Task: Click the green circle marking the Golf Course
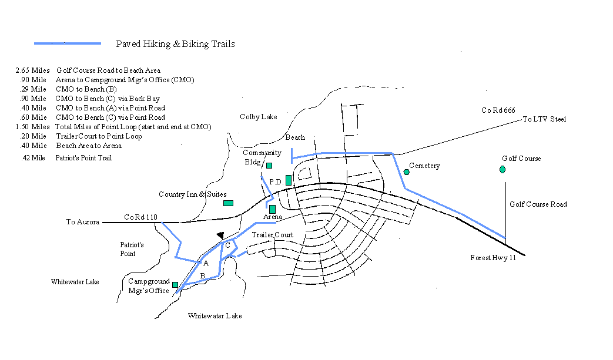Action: (503, 170)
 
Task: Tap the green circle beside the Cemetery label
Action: (407, 172)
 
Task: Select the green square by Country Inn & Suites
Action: (228, 203)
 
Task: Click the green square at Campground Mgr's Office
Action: (175, 285)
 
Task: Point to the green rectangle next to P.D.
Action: (289, 180)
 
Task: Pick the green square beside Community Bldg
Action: (269, 166)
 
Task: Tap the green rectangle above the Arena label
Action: (273, 209)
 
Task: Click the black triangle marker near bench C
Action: (220, 235)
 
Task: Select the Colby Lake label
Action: (259, 117)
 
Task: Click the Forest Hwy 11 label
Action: (493, 258)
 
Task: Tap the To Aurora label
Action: (82, 222)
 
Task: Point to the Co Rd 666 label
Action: (498, 110)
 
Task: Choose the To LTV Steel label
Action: (545, 119)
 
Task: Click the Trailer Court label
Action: (273, 235)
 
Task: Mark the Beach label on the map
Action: (295, 137)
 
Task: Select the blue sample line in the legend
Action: (68, 43)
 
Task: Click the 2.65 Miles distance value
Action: (32, 70)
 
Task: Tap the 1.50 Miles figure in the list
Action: (32, 126)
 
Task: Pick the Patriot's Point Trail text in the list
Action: (83, 158)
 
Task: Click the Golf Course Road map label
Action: (538, 204)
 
